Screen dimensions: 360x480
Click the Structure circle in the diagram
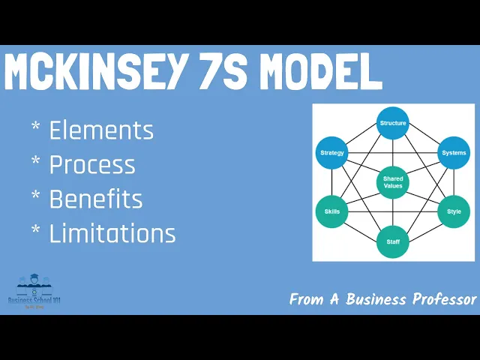[393, 123]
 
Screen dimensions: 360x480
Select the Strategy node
[331, 153]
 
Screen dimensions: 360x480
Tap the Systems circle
[454, 153]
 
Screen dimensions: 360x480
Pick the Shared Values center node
[393, 182]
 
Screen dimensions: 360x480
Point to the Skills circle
[331, 211]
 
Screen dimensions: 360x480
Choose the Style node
[454, 211]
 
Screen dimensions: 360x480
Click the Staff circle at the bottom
[393, 241]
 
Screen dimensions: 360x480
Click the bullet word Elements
[101, 130]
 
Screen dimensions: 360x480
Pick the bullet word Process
[92, 165]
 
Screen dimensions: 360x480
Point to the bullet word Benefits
[96, 199]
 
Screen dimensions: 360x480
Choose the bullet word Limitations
[112, 234]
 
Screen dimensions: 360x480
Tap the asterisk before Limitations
[36, 231]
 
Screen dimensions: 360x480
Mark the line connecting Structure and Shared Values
[393, 152]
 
